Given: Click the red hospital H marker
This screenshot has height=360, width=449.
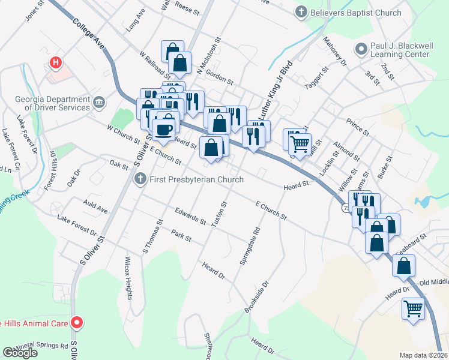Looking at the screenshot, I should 56,62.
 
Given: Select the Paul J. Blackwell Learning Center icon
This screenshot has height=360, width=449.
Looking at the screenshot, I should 360,49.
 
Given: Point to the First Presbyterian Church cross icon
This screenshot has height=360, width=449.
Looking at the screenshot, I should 140,179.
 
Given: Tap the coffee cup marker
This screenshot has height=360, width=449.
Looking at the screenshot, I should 163,128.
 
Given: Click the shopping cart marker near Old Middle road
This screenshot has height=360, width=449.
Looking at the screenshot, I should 414,308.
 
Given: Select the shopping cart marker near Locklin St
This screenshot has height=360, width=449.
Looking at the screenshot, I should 300,143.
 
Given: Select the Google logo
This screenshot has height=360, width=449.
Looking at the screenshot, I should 20,353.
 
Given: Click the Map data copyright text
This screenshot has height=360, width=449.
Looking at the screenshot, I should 423,355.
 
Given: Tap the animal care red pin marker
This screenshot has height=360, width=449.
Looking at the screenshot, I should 76,323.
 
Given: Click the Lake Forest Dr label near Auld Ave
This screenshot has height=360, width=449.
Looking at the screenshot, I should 77,224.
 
